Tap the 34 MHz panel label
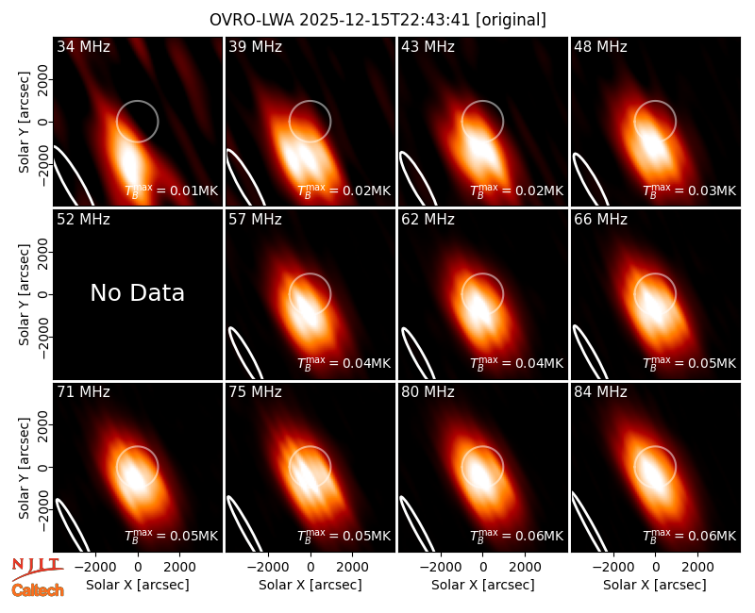[83, 46]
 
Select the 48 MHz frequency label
[600, 46]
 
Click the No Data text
[137, 292]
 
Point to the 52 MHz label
[83, 220]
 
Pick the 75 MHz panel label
[255, 392]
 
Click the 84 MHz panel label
[600, 392]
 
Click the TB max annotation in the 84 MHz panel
[689, 536]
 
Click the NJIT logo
[37, 568]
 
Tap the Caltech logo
[38, 590]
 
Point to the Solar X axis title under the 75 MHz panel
[310, 585]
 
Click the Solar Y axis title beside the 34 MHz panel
[24, 123]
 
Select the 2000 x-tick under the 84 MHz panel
[697, 568]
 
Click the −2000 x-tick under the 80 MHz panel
[441, 568]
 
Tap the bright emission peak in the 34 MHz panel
[129, 161]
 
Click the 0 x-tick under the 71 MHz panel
[138, 568]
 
